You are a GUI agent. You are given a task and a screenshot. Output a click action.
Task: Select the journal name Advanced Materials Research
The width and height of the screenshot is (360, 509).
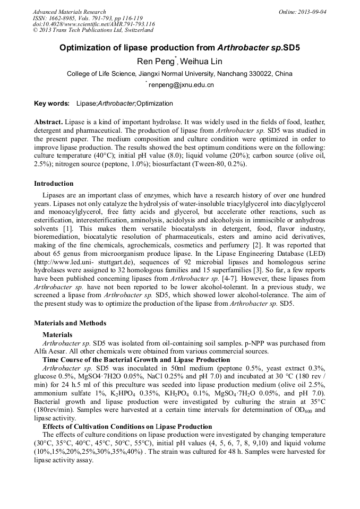69,12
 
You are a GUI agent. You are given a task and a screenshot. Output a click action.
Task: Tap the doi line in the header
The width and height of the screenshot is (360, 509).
93,24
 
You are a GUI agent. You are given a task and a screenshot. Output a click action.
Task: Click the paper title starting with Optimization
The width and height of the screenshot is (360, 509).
179,47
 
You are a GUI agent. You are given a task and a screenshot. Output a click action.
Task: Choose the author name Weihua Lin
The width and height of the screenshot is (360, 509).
201,62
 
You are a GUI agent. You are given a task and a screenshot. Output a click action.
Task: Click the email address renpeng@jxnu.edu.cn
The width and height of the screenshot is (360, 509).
181,84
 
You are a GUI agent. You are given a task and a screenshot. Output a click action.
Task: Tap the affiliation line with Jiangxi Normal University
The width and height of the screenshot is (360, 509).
179,73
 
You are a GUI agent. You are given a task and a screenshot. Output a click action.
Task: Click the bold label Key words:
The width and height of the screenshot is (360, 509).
52,103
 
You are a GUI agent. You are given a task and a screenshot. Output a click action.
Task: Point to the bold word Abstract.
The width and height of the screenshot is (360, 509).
48,122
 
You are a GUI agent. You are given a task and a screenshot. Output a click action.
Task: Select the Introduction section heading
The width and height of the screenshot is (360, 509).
54,184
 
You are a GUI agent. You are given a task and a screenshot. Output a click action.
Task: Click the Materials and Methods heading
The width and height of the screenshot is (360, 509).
70,323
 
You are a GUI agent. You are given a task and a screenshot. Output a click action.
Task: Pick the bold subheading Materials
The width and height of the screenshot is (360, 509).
57,335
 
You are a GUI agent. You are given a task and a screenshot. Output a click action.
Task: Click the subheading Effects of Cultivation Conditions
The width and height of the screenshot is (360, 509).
127,426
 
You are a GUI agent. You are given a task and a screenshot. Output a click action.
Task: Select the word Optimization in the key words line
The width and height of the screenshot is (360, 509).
155,103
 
